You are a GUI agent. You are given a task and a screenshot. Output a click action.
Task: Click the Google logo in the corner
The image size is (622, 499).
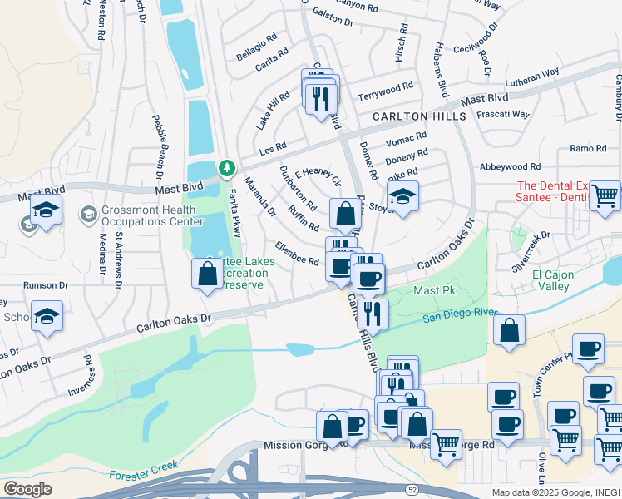pos(28,488)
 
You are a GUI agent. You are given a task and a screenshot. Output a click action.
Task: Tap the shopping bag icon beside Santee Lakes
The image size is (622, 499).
pos(206,274)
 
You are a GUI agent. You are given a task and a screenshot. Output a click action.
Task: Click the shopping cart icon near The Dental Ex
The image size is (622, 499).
pos(605,196)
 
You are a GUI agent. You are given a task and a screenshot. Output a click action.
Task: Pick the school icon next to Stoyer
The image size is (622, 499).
pos(402,196)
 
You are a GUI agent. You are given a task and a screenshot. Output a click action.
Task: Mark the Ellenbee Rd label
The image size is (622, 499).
pos(298,254)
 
